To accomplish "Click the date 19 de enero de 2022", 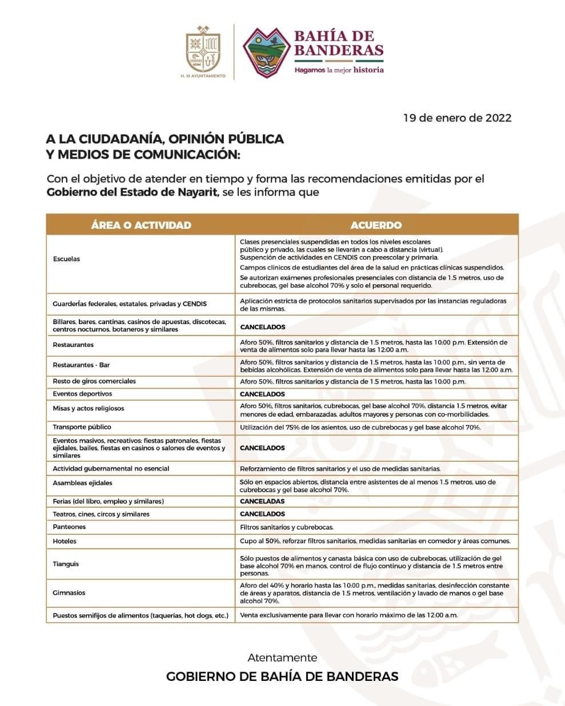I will [x=457, y=118].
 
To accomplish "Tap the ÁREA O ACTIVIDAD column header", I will [x=141, y=225].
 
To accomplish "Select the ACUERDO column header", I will [x=376, y=225].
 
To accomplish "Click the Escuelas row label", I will [x=66, y=259].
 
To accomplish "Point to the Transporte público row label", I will [x=82, y=427].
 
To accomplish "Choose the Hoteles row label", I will [x=64, y=541].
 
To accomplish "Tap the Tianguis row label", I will [x=66, y=564].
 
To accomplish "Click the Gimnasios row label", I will [x=69, y=593].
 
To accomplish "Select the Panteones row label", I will [x=69, y=527].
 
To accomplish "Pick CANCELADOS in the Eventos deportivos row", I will [x=262, y=394].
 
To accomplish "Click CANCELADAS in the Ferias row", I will [x=262, y=501].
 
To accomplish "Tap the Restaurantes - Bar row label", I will [x=81, y=365].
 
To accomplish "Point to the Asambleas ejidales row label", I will [x=82, y=483].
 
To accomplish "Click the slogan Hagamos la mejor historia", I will [x=339, y=70].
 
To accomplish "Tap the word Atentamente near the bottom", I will [x=282, y=657].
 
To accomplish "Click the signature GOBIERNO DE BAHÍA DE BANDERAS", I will [x=282, y=676].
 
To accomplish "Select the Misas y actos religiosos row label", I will [x=88, y=409].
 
